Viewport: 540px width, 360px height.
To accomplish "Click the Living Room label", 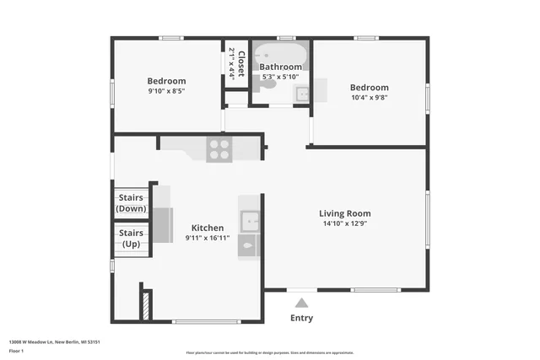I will [344, 213].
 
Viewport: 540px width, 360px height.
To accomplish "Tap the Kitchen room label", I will [208, 228].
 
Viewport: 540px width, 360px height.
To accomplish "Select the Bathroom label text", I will [280, 67].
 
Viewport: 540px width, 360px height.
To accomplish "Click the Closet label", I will [240, 64].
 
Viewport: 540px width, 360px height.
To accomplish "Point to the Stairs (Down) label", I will [131, 203].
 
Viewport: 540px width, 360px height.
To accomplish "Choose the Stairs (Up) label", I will [131, 239].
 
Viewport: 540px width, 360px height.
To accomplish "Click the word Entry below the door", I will [301, 318].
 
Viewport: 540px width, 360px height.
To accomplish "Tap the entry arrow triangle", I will [301, 302].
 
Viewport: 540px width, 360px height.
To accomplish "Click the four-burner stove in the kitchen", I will [219, 149].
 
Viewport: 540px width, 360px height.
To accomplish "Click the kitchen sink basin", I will [249, 222].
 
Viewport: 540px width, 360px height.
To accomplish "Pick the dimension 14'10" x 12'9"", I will [344, 224].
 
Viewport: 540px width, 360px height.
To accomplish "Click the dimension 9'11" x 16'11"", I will [208, 239].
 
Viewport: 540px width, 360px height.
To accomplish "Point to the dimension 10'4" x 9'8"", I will [370, 97].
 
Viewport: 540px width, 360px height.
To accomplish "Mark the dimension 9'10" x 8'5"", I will [166, 91].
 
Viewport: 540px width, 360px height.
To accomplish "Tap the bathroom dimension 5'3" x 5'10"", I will [280, 77].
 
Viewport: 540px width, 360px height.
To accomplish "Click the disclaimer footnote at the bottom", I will [269, 352].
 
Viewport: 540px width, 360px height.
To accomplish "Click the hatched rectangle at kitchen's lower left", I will [145, 304].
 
